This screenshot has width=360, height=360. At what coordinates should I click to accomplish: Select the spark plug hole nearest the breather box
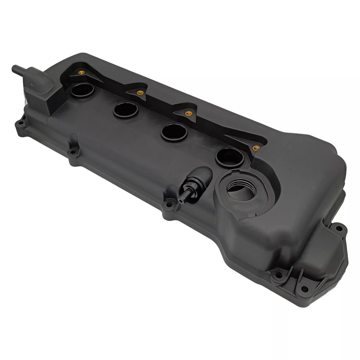[82, 90]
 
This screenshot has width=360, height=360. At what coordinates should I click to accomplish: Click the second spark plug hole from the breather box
[125, 109]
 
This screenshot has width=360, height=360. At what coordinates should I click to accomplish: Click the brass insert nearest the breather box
[81, 72]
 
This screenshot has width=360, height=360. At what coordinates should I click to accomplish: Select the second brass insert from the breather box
[140, 92]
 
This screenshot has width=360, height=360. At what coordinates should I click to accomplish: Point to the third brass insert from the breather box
[189, 113]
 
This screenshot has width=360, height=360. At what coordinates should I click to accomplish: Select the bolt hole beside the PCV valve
[169, 205]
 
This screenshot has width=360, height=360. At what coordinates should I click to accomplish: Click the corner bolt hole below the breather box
[20, 122]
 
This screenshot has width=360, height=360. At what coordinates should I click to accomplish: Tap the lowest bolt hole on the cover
[305, 288]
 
